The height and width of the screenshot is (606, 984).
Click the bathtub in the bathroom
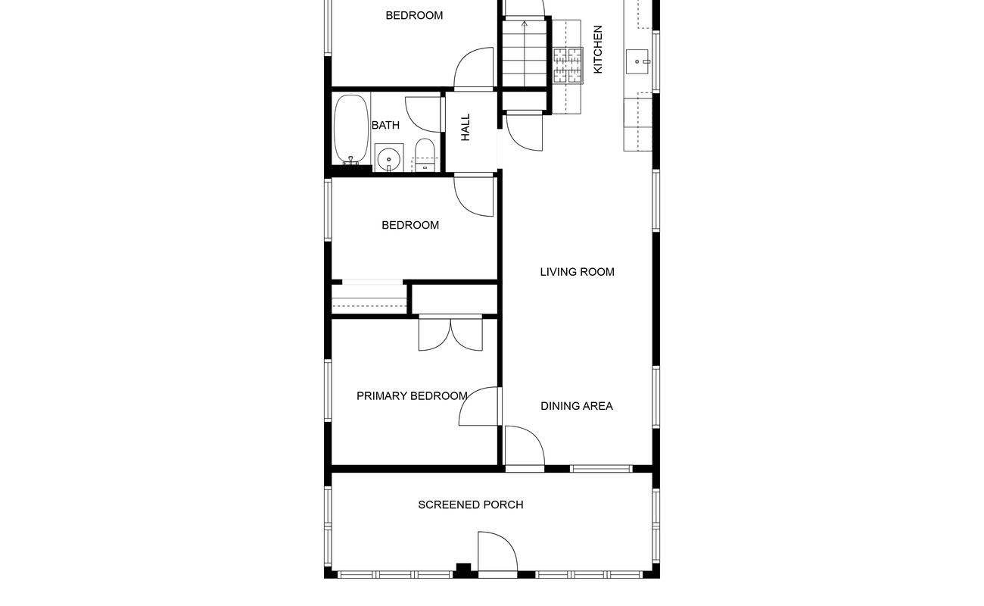351,130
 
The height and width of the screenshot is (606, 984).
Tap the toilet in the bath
425,155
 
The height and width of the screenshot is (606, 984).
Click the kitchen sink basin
637,61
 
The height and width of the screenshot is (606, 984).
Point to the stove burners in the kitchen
568,66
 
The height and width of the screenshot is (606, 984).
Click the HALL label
466,127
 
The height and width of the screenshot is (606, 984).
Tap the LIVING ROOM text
578,272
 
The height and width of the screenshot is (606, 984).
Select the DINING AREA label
577,406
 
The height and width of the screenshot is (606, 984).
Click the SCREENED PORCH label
471,504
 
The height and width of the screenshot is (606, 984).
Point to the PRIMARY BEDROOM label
412,396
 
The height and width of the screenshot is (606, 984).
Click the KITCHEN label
598,49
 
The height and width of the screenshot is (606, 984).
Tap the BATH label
385,125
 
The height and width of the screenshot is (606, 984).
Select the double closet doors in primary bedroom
450,333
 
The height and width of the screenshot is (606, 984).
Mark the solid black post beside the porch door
463,570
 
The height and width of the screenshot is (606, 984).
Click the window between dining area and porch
601,469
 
